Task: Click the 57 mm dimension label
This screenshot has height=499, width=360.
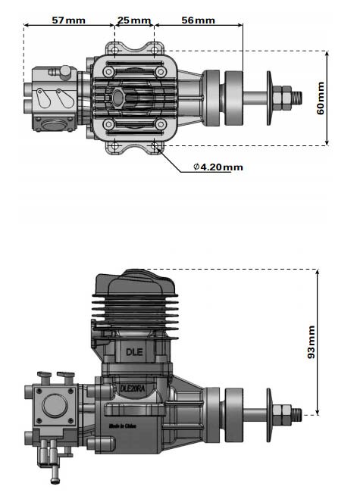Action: coord(68,20)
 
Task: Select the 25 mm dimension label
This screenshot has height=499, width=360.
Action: coord(134,20)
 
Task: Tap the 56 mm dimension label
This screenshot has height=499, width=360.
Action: coord(198,20)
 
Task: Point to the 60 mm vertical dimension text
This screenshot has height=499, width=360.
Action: coord(321,98)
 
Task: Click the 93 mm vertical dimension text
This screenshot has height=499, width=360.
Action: coord(311,342)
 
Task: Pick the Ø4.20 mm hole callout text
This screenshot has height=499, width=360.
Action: coord(218,167)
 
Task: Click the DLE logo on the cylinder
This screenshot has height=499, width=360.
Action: coord(134,352)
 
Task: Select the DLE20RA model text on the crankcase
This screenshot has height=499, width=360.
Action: coord(133,388)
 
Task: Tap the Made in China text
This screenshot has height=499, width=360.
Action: coord(122,426)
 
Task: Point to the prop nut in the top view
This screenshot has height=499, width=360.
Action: coord(282,98)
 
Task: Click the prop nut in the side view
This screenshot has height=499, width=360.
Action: coord(282,415)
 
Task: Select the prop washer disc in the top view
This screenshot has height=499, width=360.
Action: coord(269,98)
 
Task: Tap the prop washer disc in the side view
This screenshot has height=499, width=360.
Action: coord(269,415)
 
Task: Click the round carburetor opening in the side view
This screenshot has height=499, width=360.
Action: coord(54,406)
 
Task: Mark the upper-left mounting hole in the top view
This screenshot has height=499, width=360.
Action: coord(114,50)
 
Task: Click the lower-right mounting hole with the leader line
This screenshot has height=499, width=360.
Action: coord(154,145)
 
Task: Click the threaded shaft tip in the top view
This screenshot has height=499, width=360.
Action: coord(296,98)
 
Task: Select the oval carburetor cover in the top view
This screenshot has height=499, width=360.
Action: coord(53,124)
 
